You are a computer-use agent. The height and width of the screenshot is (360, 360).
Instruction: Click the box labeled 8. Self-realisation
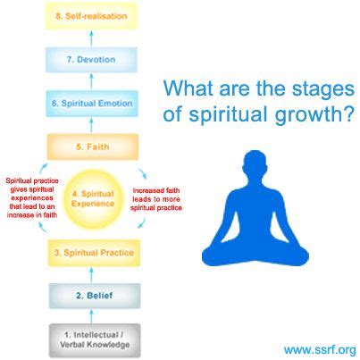tap(91, 16)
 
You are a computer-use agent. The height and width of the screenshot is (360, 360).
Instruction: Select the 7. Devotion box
tap(91, 60)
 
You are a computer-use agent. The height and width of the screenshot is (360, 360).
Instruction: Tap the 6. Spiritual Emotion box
tap(92, 104)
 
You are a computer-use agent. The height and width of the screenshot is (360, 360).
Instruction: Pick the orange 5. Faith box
tap(93, 147)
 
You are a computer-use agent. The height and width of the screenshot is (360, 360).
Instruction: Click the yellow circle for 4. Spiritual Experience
tap(94, 199)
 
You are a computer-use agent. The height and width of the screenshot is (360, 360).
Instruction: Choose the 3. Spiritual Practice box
tap(94, 253)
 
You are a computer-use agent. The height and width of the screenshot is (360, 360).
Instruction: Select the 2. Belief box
tap(95, 296)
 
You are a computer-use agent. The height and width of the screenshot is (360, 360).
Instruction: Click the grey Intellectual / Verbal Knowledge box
tap(95, 340)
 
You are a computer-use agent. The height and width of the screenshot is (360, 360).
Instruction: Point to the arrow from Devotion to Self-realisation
tap(91, 38)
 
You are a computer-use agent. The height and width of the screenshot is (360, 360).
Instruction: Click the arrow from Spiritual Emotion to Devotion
tap(91, 81)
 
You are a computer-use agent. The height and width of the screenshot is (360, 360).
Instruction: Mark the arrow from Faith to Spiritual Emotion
tap(92, 125)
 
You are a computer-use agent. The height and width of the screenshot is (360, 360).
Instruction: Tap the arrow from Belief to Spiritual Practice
tap(92, 275)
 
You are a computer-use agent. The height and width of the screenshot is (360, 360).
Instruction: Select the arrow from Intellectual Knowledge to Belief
tap(92, 316)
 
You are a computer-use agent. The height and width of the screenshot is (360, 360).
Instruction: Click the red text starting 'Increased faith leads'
tap(156, 199)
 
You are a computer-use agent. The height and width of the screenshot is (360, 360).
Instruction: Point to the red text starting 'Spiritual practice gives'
tap(32, 197)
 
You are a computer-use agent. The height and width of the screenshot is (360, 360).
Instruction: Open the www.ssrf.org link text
tap(320, 349)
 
